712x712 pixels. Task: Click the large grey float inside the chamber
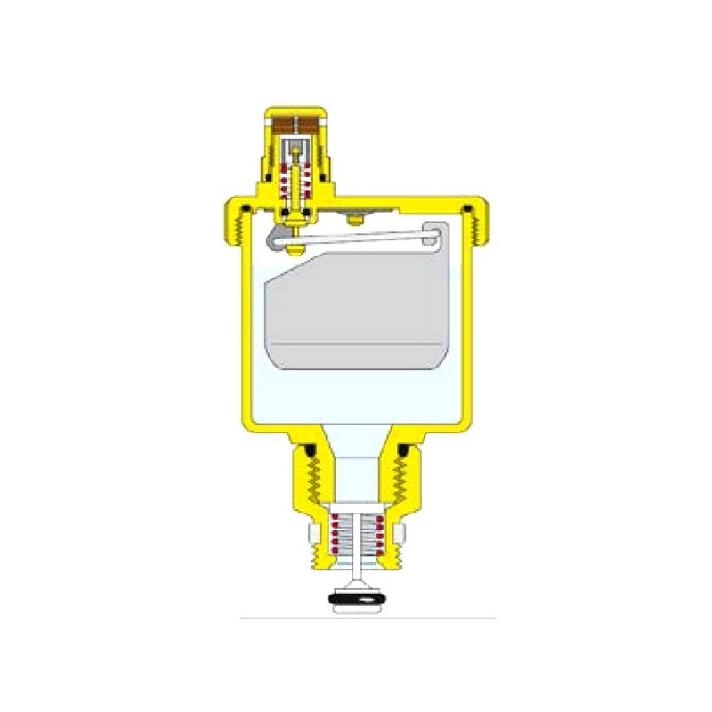(356, 307)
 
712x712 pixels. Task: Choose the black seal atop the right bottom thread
(401, 450)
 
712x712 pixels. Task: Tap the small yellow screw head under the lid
(357, 218)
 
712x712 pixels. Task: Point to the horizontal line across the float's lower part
(356, 344)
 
